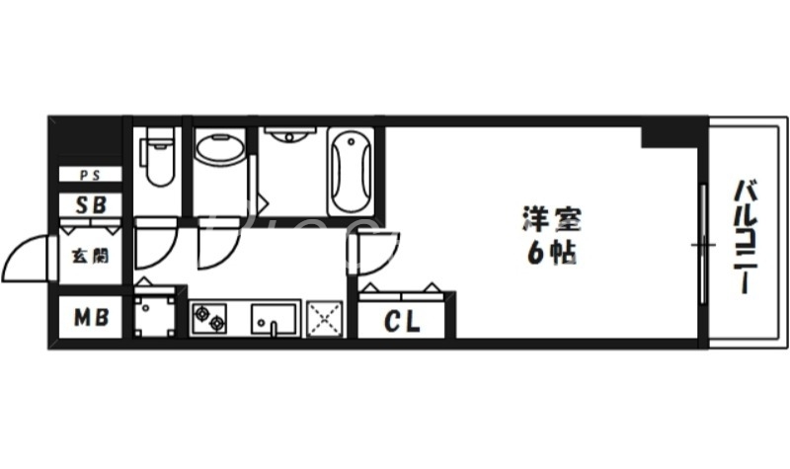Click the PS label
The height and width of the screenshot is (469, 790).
pos(88,176)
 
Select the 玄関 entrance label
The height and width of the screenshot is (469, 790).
pos(88,255)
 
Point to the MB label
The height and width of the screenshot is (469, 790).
pos(88,318)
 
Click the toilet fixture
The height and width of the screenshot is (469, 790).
pos(156,161)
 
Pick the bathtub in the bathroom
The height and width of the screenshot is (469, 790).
pos(351,170)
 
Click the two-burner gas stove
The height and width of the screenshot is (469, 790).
pos(209,318)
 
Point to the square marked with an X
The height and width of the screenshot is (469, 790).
pos(324,318)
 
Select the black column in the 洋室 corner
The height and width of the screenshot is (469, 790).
pos(660,134)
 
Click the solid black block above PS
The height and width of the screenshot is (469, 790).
pos(86,139)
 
